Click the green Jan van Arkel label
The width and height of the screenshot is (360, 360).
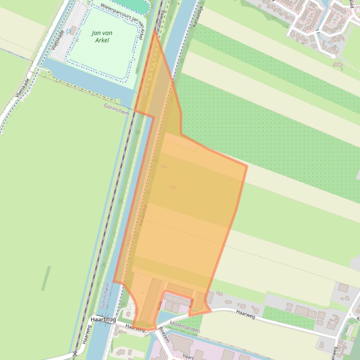(102, 36)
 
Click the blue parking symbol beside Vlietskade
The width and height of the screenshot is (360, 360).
(69, 31)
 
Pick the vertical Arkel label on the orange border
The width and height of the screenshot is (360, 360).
(129, 241)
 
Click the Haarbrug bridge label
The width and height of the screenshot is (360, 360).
(103, 319)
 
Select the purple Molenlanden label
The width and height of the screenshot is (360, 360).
(184, 330)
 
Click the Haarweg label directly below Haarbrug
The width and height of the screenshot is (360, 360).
(135, 329)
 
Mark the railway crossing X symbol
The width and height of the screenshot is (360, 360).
(75, 354)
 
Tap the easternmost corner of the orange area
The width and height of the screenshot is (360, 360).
(247, 166)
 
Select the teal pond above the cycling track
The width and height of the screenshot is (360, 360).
(132, 5)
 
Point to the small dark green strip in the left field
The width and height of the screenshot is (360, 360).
(46, 278)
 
